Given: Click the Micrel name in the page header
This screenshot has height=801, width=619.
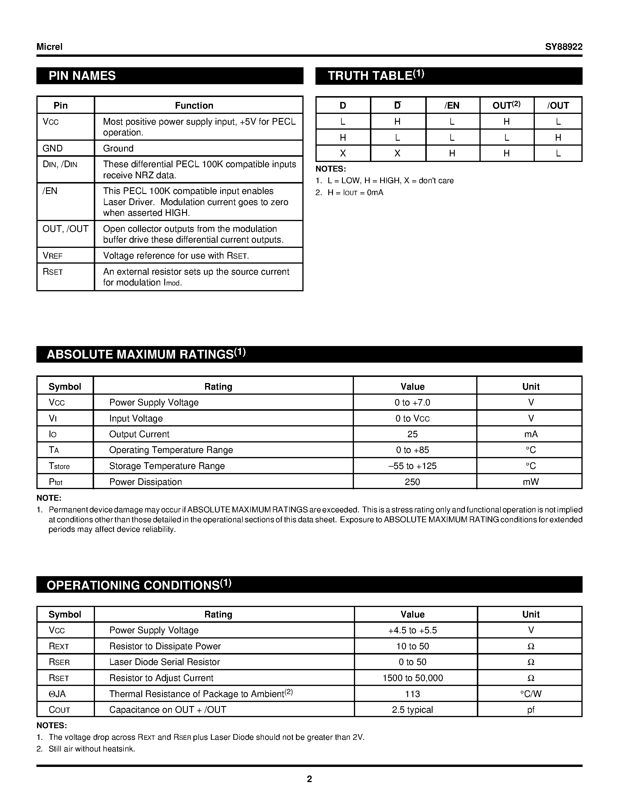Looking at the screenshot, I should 50,47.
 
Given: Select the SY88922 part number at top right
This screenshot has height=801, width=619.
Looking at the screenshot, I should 563,47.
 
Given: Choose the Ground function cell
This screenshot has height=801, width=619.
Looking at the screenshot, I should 118,148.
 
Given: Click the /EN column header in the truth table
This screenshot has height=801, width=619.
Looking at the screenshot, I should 452,106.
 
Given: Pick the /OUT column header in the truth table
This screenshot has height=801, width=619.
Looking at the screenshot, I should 558,106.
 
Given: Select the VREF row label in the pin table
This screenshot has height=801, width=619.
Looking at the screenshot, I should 53,256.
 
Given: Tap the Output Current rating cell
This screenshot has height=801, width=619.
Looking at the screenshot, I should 139,434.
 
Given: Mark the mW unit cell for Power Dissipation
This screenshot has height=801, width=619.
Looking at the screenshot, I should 531,482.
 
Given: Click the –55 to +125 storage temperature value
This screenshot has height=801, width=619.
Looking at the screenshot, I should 412,466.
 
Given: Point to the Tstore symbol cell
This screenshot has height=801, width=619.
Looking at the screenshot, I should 59,466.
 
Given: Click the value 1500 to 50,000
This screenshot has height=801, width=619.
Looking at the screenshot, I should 412,678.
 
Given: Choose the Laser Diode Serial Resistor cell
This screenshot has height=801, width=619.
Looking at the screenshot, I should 165,662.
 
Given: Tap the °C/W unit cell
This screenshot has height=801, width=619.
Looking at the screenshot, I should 531,694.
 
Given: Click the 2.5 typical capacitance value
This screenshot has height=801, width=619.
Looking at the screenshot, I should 412,710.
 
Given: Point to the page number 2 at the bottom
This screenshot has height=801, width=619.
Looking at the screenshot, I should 309,779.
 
